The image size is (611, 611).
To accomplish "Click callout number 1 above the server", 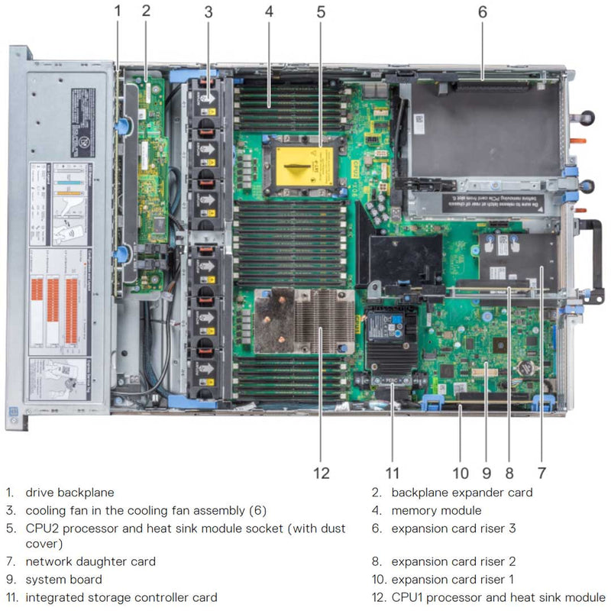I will tap(118, 11).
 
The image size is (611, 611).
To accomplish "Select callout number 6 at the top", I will tap(482, 11).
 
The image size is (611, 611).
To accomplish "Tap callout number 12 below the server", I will tap(322, 473).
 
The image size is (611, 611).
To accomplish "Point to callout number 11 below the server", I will tap(392, 473).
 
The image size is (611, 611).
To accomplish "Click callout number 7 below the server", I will tap(541, 473).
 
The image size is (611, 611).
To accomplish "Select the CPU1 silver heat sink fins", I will tap(324, 321).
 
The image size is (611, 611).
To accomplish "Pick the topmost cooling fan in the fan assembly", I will tap(206, 103).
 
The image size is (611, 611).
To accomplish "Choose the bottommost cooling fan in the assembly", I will tap(206, 367).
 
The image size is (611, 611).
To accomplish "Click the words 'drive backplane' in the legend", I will tap(70, 493).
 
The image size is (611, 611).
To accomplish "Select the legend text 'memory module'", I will tap(436, 510).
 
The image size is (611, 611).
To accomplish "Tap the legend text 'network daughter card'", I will tap(90, 561).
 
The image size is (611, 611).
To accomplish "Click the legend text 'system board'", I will tap(63, 580).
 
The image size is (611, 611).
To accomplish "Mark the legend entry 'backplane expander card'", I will tap(462, 493).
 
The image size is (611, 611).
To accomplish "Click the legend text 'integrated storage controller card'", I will tap(121, 597).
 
